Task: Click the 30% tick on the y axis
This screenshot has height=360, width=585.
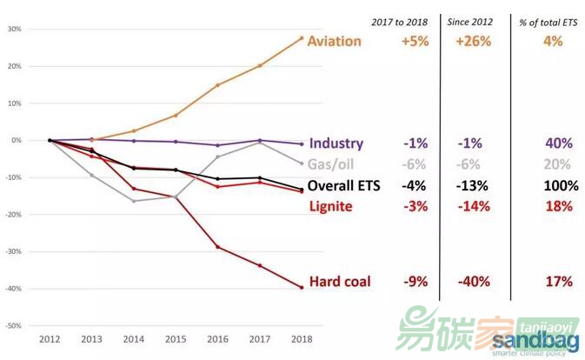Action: point(15,29)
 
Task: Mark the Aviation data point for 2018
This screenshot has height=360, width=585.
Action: point(301,37)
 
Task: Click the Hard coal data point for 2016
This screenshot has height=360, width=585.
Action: point(217,247)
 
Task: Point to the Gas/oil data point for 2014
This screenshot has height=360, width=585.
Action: point(134,201)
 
